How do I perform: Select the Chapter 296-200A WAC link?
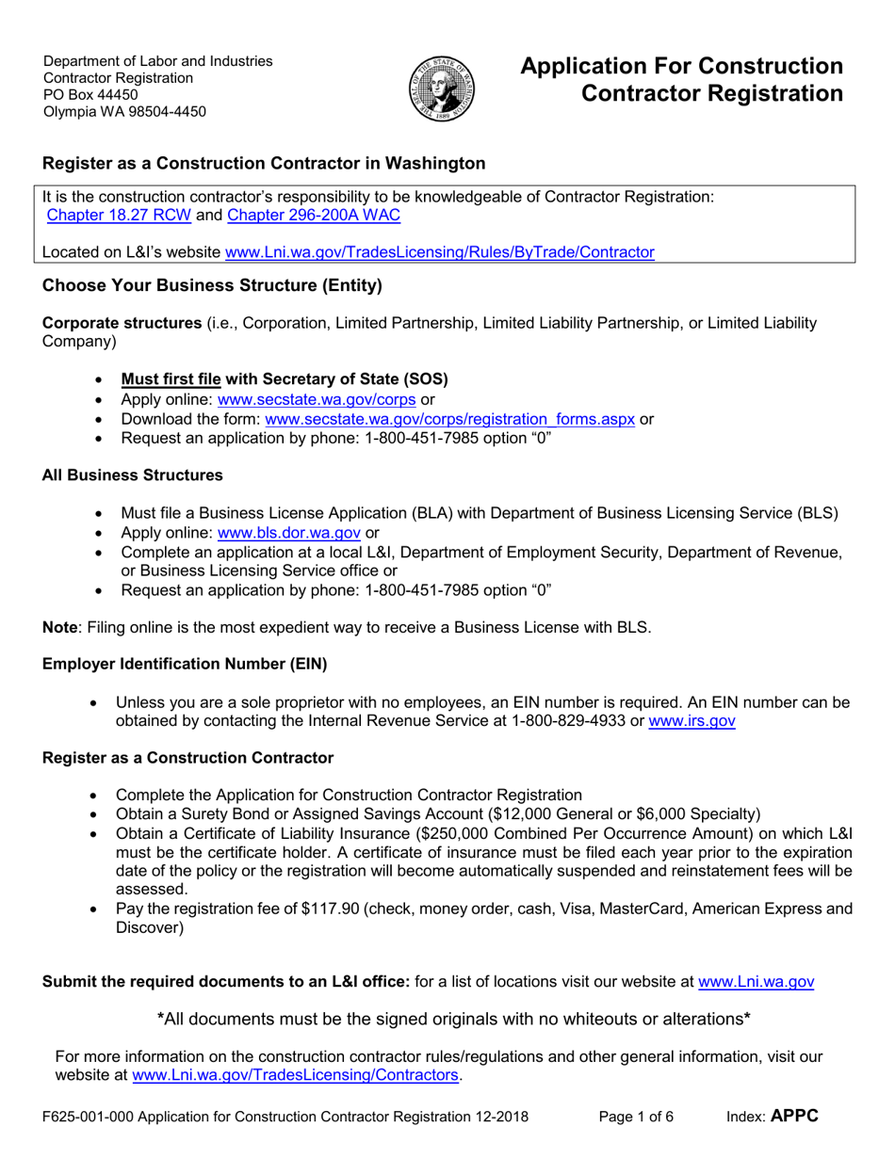314,216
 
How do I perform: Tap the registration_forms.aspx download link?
451,419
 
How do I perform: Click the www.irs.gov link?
692,721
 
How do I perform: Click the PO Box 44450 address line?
90,95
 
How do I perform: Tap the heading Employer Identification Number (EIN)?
185,665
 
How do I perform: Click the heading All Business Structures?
133,475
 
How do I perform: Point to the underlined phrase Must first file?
171,379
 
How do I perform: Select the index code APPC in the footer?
794,1117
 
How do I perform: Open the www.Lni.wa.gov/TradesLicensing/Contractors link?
297,1074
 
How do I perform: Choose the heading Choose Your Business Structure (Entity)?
212,284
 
